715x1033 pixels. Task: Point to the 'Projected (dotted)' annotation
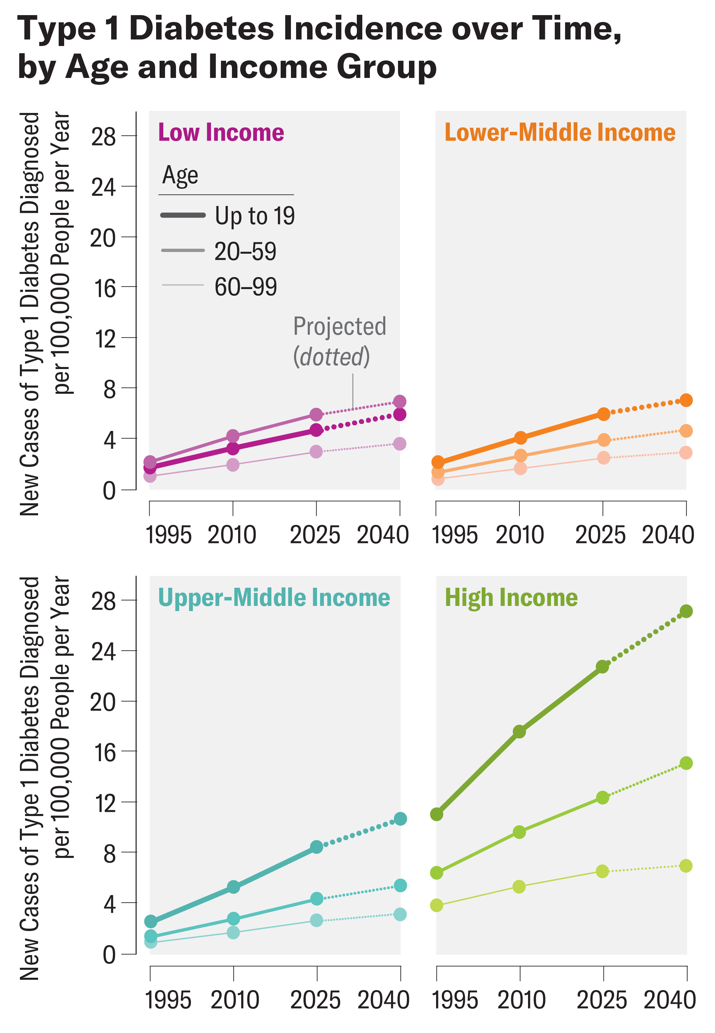[339, 341]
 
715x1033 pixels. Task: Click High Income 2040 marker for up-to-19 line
[686, 611]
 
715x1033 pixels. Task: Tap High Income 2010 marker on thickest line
[519, 732]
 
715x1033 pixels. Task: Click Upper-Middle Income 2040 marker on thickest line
[400, 819]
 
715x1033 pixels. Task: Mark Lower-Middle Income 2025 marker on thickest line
[603, 414]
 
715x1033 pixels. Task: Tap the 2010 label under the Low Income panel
[232, 535]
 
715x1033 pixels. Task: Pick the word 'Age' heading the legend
[180, 175]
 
